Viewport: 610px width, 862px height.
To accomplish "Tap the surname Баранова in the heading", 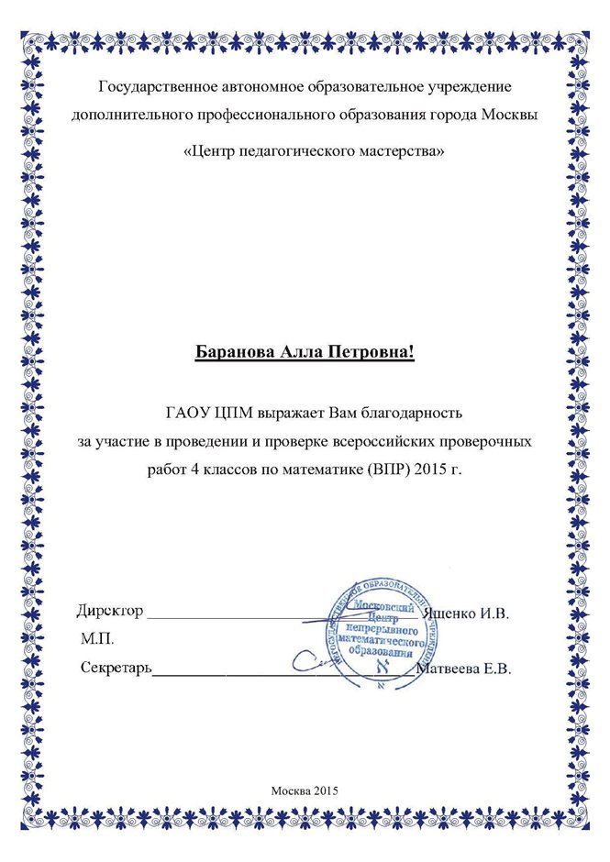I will tap(237, 353).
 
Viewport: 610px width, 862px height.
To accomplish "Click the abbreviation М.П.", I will tap(96, 636).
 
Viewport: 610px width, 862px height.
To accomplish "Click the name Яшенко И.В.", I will tap(469, 611).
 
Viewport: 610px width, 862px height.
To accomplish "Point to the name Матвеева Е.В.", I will tap(463, 669).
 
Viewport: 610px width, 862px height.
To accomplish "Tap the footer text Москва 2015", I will tap(305, 790).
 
